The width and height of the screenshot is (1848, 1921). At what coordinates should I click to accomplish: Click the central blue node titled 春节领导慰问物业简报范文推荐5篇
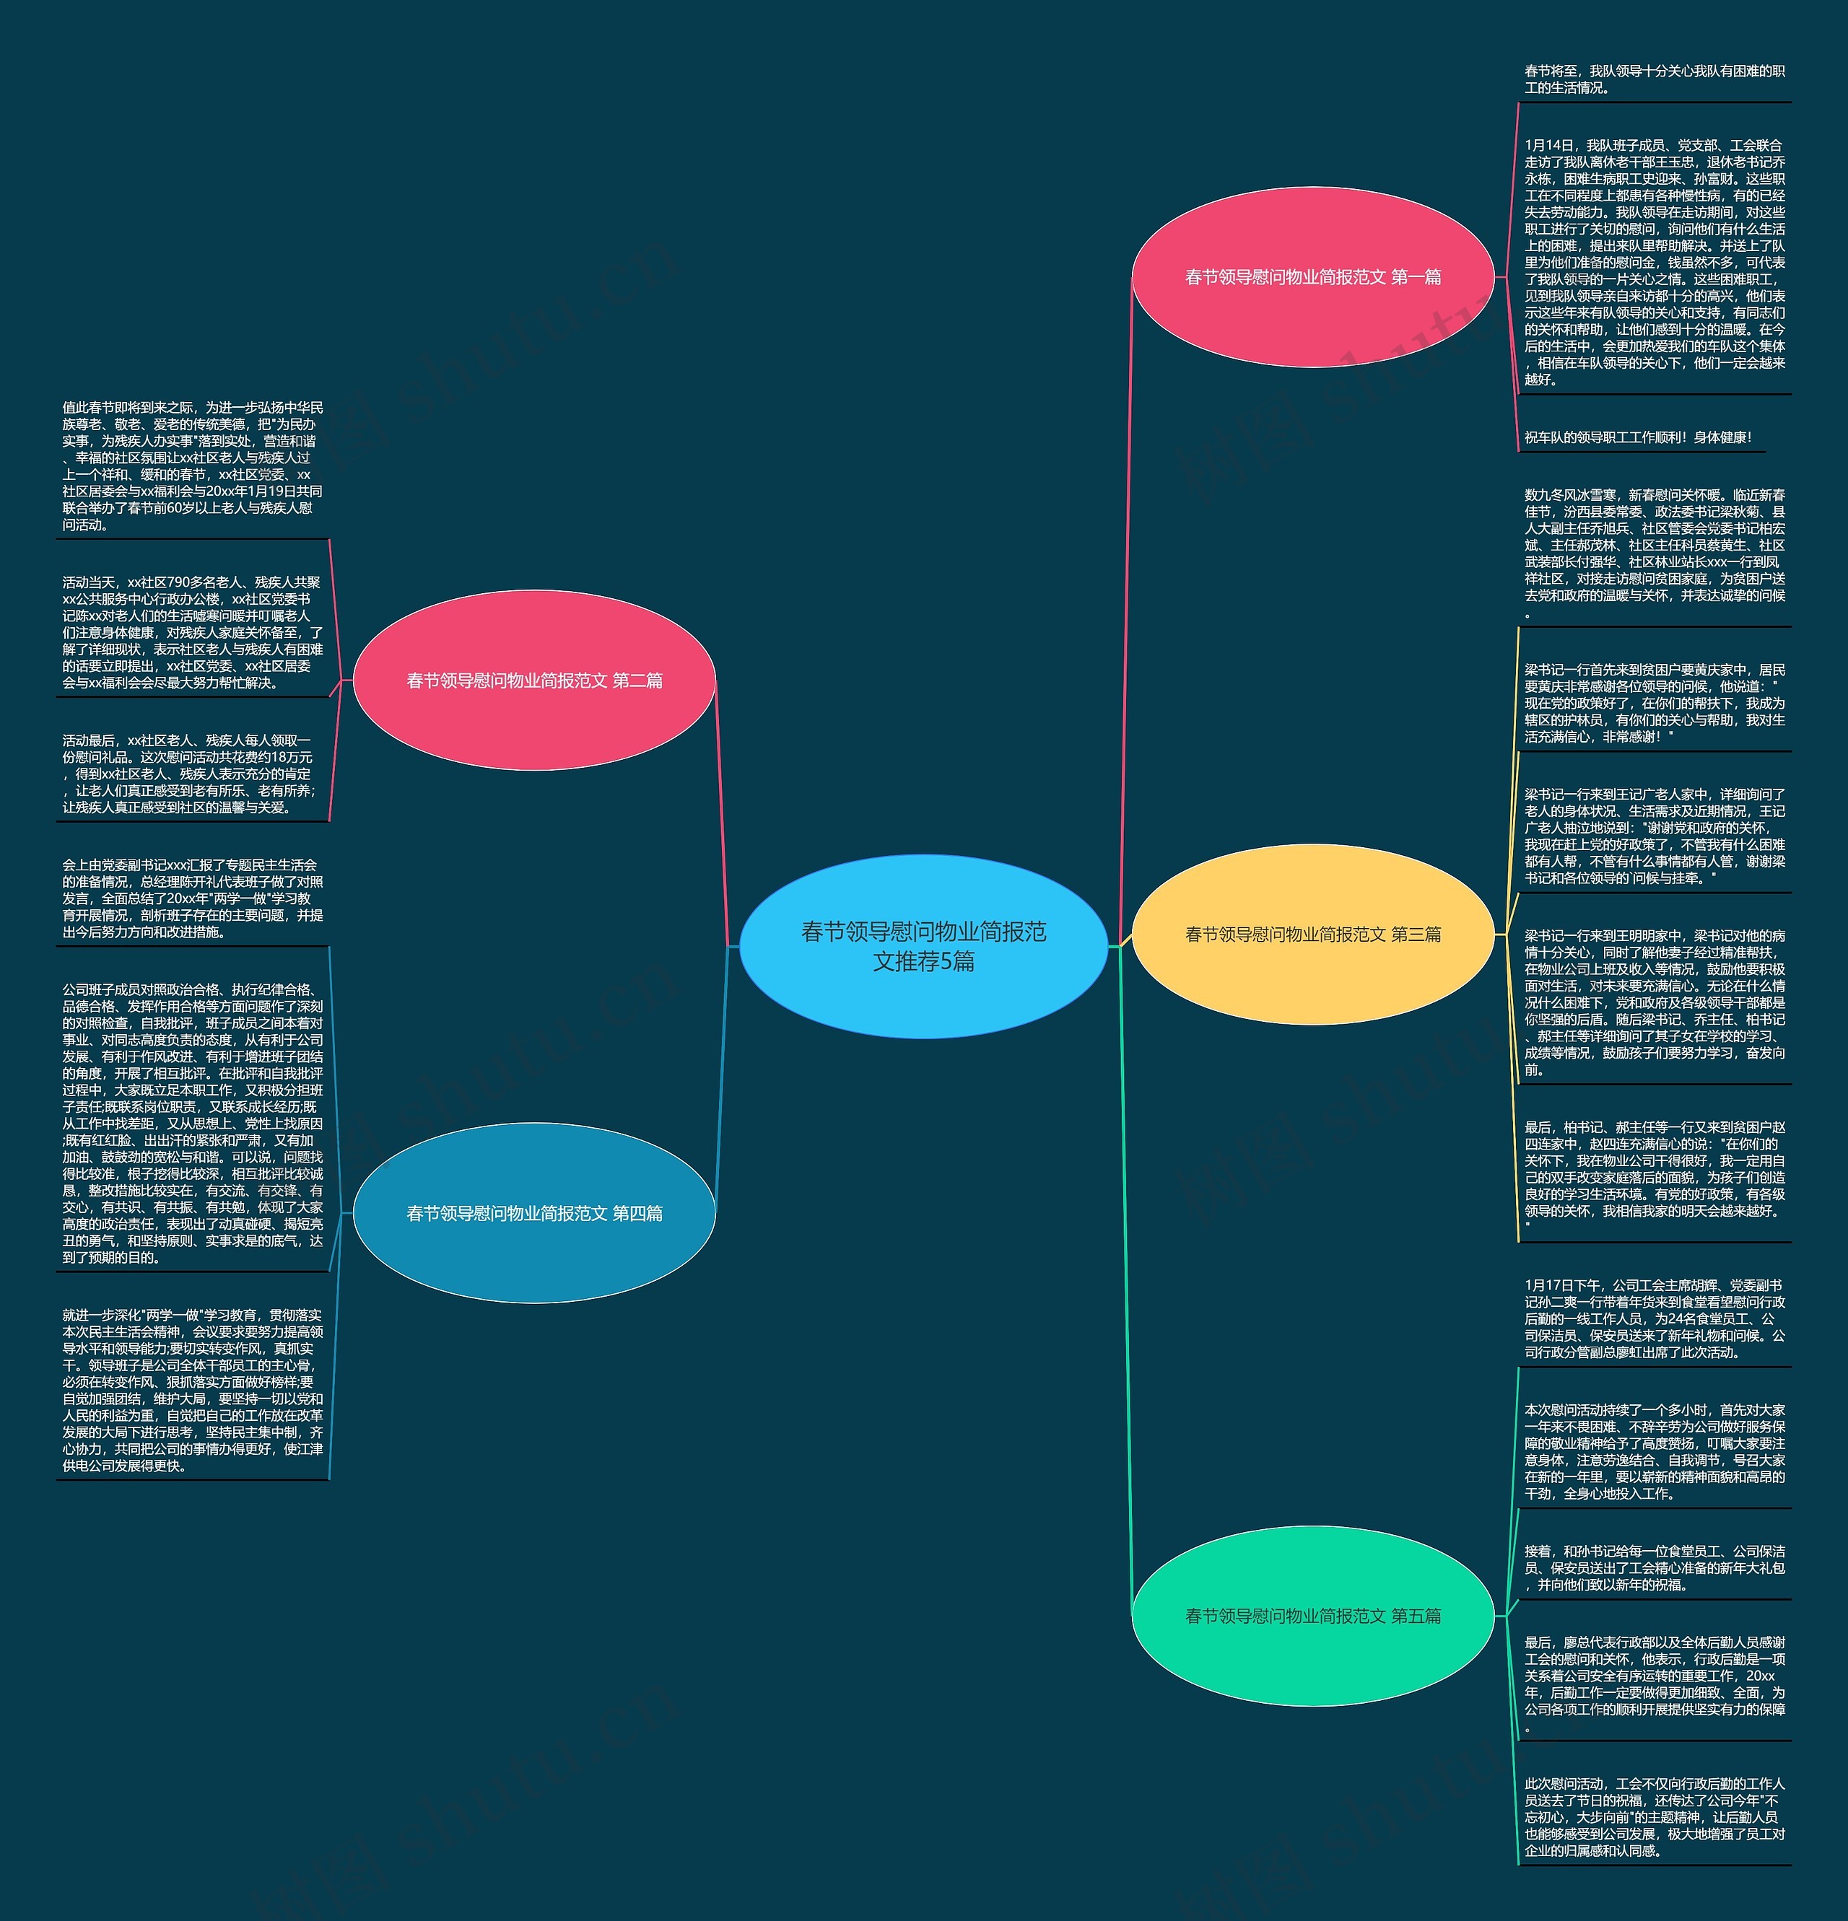click(923, 946)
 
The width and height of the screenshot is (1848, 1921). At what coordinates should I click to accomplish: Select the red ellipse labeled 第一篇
click(1312, 277)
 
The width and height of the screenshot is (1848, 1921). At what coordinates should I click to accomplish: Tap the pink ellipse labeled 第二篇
click(533, 681)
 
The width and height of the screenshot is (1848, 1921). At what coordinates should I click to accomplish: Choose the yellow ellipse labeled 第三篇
click(1312, 934)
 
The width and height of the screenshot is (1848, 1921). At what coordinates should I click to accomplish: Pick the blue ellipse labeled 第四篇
click(533, 1213)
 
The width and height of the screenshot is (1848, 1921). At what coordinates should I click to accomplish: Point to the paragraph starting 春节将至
click(1654, 79)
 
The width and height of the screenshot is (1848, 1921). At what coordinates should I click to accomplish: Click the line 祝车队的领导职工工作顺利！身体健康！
click(1637, 437)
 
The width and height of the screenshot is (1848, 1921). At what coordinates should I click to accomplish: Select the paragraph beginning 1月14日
click(1654, 262)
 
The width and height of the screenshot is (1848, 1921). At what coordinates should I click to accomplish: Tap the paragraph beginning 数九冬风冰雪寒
click(1654, 553)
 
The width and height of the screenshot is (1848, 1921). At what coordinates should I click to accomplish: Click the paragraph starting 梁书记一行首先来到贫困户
click(1654, 703)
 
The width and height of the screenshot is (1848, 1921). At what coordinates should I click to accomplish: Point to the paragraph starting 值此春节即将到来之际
click(192, 465)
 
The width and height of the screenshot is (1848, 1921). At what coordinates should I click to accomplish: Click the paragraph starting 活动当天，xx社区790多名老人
click(192, 632)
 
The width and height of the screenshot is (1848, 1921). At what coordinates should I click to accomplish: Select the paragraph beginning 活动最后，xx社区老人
click(192, 774)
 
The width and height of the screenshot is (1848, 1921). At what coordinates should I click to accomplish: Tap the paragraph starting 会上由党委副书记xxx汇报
click(192, 898)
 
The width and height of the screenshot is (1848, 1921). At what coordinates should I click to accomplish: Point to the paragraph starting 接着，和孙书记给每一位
click(1654, 1567)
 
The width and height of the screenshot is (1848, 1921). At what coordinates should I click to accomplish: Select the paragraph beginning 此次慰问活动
click(1654, 1817)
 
